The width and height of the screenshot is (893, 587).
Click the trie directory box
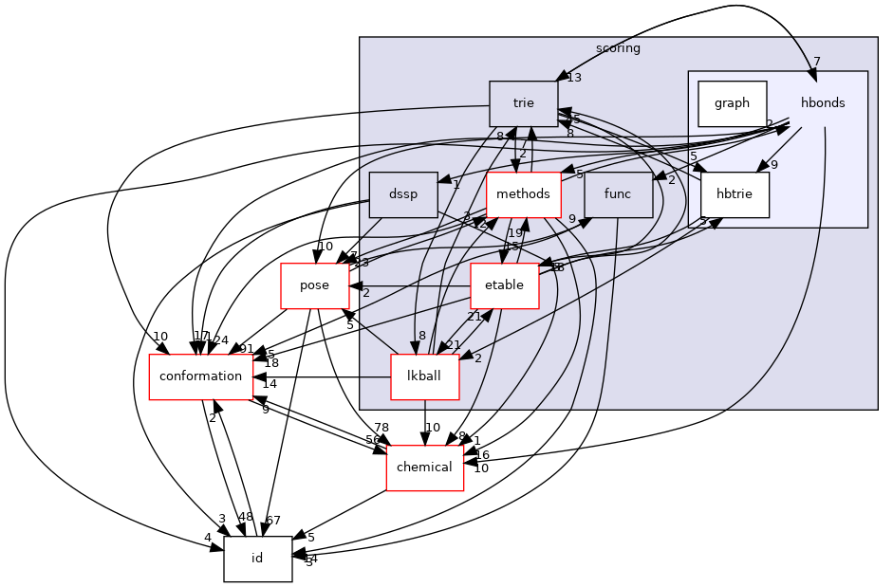(x=523, y=103)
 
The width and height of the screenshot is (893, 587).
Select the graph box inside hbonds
(x=732, y=103)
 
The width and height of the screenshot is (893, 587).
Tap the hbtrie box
(x=735, y=194)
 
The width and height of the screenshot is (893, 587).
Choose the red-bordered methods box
(x=523, y=194)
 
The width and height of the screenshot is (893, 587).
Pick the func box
(x=618, y=194)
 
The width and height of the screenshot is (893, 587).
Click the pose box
(x=314, y=285)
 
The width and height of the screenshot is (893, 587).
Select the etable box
(x=504, y=285)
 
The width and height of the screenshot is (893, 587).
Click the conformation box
(x=201, y=376)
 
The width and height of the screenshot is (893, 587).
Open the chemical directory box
(x=424, y=468)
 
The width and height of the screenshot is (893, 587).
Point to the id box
(x=257, y=559)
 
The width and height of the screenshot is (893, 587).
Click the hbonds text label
(x=822, y=103)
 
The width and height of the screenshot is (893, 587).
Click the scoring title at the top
(x=618, y=47)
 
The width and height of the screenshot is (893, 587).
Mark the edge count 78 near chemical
(x=381, y=427)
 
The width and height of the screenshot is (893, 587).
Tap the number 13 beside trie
(x=574, y=78)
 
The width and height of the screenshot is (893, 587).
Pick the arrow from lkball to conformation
(x=323, y=376)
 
